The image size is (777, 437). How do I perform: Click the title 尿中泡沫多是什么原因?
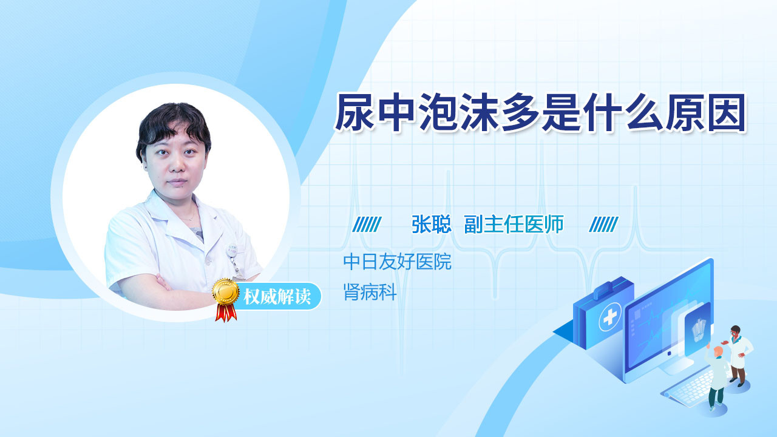coord(540,112)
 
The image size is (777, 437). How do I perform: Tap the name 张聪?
coord(431,224)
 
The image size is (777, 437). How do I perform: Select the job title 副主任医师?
coord(514,224)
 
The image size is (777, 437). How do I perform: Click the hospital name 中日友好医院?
coord(397,262)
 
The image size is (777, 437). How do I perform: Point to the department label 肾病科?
coord(370,292)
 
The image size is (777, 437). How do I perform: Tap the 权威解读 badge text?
coord(277,297)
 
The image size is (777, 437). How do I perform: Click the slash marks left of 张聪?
coord(367,224)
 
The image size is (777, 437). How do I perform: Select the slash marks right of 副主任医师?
coord(603,224)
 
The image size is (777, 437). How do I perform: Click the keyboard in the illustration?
coord(688,388)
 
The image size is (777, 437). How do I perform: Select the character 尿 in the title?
coord(354,112)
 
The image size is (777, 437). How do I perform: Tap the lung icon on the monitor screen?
coord(699,330)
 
